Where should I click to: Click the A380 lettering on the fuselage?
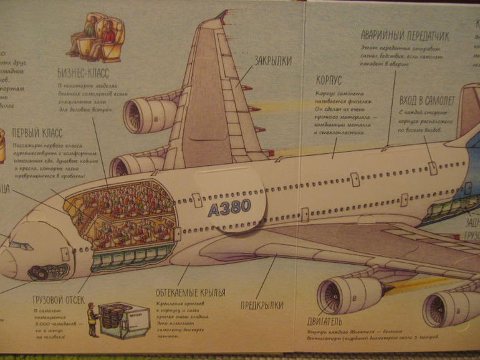coord(229,207)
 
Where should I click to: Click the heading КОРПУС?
coord(328,82)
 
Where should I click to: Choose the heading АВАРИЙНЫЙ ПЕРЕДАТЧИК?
coord(405,36)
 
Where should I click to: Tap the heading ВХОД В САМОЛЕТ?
coord(428,100)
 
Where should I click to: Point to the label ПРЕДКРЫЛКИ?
coord(262,305)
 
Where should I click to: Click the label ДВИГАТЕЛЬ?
coord(324,322)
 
